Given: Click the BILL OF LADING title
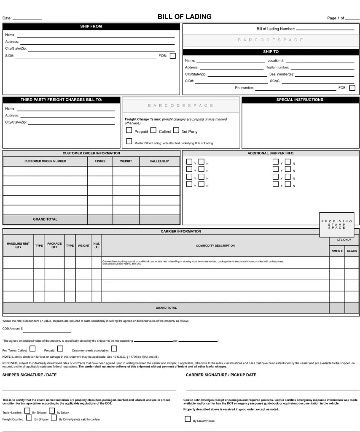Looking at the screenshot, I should (x=184, y=17).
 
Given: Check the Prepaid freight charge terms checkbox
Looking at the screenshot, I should (x=129, y=131).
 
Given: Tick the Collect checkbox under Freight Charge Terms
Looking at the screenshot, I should (x=153, y=131).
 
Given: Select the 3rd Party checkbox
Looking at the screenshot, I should (x=176, y=131).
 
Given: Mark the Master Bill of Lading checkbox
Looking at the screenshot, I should (x=129, y=142).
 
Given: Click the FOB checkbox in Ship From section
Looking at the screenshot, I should (x=172, y=56).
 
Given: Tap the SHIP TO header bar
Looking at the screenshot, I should (x=271, y=52).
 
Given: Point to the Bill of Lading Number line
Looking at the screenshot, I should (x=325, y=30).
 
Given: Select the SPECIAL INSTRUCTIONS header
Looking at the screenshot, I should (x=300, y=100).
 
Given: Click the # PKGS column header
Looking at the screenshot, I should (x=100, y=161).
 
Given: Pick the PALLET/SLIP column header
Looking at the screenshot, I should (x=159, y=161).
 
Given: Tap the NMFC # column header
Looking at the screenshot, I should (x=336, y=251).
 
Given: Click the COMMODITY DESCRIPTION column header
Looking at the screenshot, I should (x=215, y=246).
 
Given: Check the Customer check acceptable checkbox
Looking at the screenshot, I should (x=114, y=348).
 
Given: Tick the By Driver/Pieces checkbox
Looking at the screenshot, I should (x=188, y=419).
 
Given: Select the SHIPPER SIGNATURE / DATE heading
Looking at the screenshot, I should (x=30, y=375).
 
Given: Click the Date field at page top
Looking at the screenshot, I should (x=27, y=19).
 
